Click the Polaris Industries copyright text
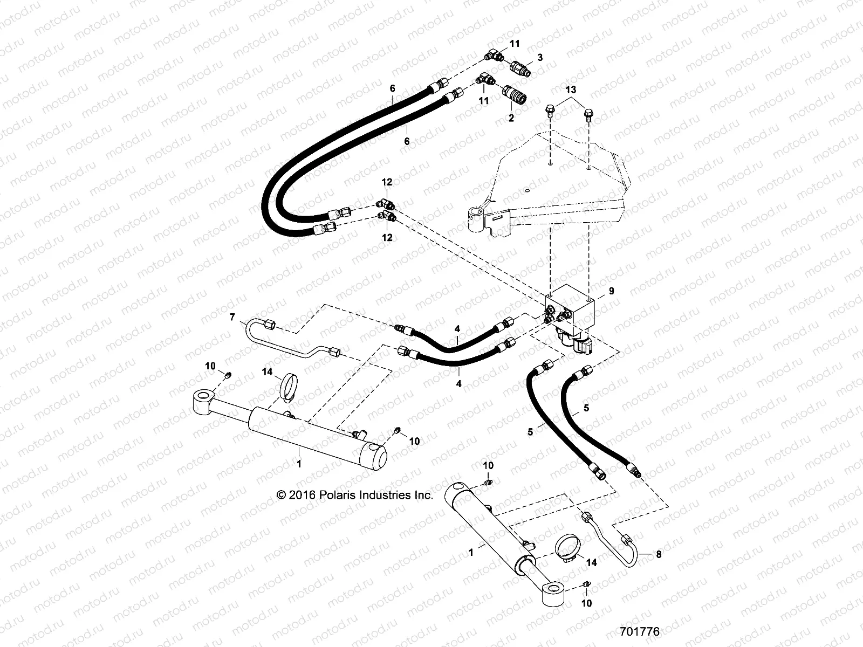click(x=354, y=495)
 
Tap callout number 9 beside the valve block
click(x=611, y=291)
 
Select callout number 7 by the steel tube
click(x=232, y=317)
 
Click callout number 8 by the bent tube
click(x=659, y=554)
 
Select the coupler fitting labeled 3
click(x=520, y=69)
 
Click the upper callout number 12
click(x=387, y=182)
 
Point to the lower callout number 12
click(x=387, y=237)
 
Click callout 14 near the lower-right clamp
click(x=591, y=562)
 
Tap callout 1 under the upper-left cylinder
click(x=300, y=463)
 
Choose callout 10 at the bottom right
click(x=586, y=603)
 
